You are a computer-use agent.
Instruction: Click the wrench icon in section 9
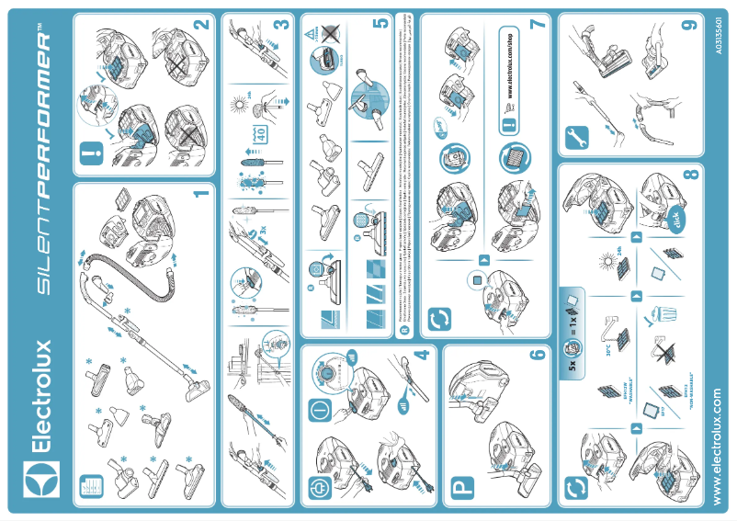click(x=579, y=140)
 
